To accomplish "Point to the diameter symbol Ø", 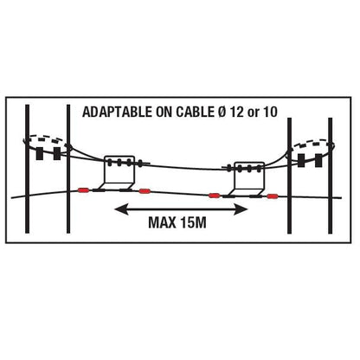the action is point(222,112).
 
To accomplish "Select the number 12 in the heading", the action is point(237,112).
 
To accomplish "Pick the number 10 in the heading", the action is point(270,112).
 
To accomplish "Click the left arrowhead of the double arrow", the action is point(121,209).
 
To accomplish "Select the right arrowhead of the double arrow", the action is point(241,209).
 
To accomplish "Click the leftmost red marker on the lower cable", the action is point(84,190).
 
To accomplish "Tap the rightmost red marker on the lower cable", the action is point(272,196).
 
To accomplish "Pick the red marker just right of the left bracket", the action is point(144,191).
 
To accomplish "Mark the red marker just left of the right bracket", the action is point(214,196).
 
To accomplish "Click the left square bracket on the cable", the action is point(119,172).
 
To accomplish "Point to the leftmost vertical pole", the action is point(27,169).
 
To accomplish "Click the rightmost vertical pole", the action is point(331,176).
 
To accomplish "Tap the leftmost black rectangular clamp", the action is point(39,153).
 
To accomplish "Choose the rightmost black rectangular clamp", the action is point(318,160).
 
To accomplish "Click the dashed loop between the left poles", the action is point(46,137).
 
